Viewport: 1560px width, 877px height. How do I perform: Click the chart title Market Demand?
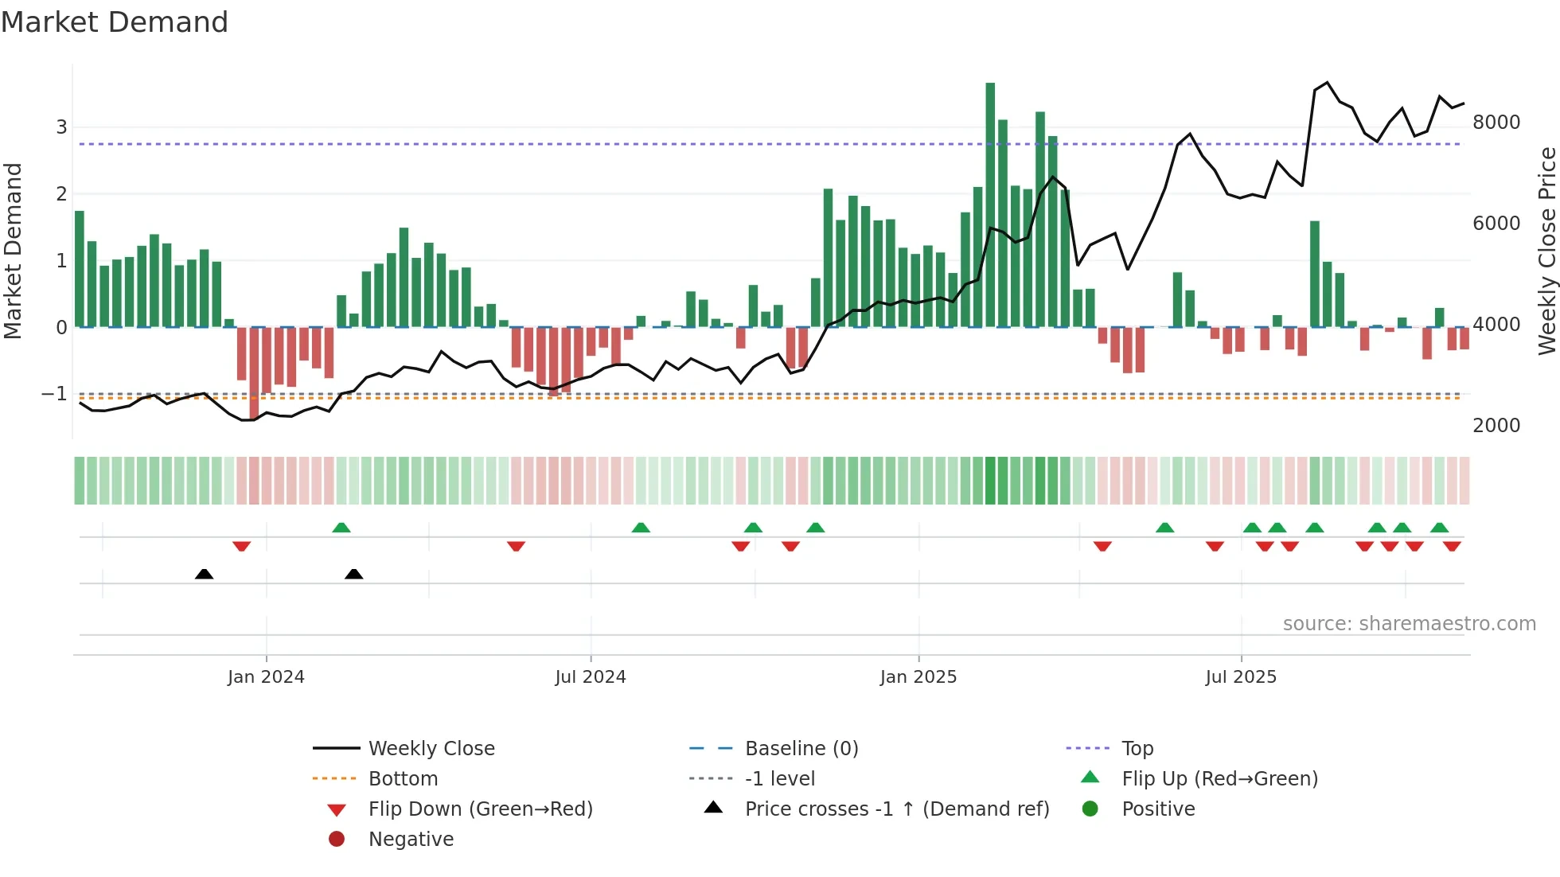click(115, 22)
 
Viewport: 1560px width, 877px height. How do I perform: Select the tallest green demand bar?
click(990, 205)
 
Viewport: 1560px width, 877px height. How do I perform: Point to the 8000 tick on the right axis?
click(1496, 123)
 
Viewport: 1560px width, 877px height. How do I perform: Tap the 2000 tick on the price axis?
click(1496, 426)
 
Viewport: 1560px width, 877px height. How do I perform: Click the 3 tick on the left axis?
click(61, 127)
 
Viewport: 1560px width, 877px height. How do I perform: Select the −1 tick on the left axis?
click(54, 394)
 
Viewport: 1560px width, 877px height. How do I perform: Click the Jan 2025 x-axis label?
click(918, 677)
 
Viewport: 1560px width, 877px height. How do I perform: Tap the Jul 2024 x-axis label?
click(590, 677)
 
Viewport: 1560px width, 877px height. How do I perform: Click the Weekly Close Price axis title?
click(1546, 251)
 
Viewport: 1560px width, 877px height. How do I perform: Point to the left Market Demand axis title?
click(13, 251)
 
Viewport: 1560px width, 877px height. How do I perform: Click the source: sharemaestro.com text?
click(1409, 624)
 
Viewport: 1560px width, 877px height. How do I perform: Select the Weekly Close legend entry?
click(431, 749)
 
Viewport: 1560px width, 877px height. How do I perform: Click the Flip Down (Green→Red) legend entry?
click(480, 809)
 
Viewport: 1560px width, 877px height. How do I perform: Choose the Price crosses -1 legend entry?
click(896, 809)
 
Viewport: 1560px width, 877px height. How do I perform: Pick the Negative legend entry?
click(411, 840)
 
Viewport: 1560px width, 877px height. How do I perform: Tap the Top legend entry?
click(1137, 749)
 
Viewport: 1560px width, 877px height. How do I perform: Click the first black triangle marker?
click(204, 574)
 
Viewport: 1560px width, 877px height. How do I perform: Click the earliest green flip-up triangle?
click(341, 528)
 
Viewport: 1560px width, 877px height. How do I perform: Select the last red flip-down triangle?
click(1452, 546)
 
